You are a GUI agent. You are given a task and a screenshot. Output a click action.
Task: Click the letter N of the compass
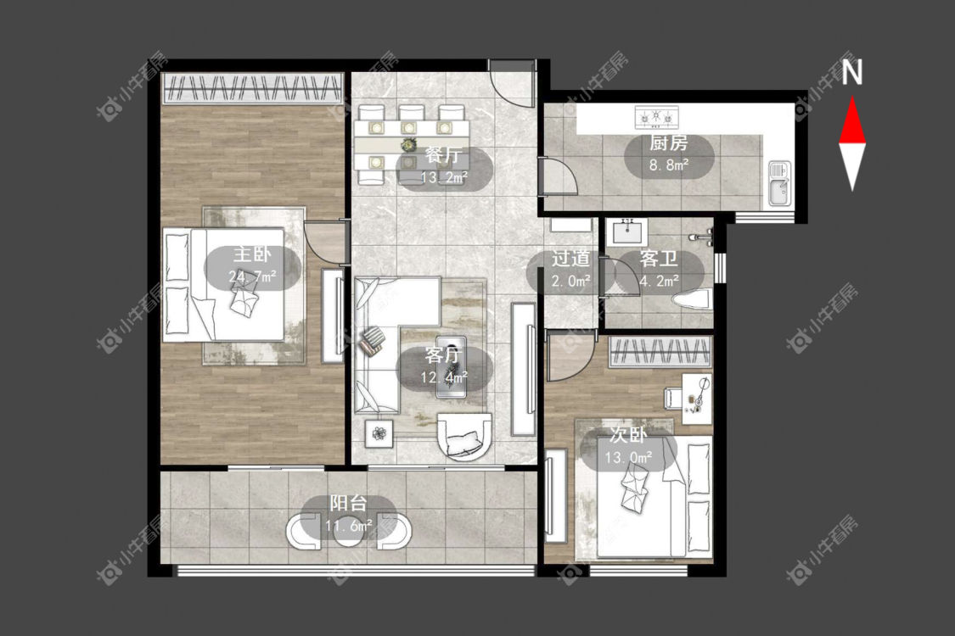pyautogui.click(x=852, y=73)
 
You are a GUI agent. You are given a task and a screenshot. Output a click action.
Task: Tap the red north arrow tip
pyautogui.click(x=852, y=98)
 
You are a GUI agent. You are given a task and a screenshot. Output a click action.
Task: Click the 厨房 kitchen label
pyautogui.click(x=669, y=143)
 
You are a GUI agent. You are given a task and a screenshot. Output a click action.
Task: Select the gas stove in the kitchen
pyautogui.click(x=656, y=117)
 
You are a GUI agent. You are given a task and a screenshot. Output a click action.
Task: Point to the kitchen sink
pyautogui.click(x=779, y=183)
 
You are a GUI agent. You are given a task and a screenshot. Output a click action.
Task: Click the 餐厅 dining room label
pyautogui.click(x=443, y=154)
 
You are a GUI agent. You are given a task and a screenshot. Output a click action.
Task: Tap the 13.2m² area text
pyautogui.click(x=444, y=177)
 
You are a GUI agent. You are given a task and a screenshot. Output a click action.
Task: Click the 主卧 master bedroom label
pyautogui.click(x=251, y=254)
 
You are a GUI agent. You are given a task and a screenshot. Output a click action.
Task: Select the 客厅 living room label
pyautogui.click(x=443, y=354)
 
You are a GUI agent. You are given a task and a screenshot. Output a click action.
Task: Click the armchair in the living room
pyautogui.click(x=463, y=437)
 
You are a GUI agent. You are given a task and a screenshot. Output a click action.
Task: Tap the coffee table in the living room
pyautogui.click(x=452, y=367)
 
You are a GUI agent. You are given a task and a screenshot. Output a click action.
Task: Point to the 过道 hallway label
pyautogui.click(x=570, y=259)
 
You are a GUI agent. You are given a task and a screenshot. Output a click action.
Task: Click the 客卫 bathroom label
pyautogui.click(x=659, y=259)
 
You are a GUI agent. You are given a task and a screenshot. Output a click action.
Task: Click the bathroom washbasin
pyautogui.click(x=626, y=232)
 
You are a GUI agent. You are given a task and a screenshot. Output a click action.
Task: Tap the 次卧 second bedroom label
pyautogui.click(x=628, y=434)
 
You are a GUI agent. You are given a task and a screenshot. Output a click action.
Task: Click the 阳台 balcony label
pyautogui.click(x=348, y=504)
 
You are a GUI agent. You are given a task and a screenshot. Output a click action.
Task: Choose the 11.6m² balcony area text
pyautogui.click(x=349, y=525)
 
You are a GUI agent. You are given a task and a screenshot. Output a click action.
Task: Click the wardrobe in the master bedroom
pyautogui.click(x=253, y=88)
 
